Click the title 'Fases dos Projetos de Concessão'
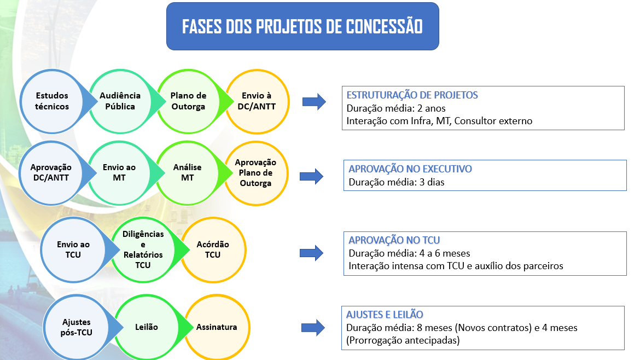302,27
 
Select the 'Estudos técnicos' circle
52,101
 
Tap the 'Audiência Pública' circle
120,101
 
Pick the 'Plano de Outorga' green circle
189,101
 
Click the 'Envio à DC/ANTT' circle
257,101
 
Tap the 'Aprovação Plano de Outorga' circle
255,172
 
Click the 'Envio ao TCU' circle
73,249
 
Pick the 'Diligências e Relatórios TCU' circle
143,249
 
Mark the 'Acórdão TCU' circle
213,249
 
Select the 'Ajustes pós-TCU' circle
77,327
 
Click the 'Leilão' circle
146,327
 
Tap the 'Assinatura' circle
217,327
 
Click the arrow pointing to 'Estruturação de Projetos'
314,102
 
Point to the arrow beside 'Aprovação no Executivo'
312,176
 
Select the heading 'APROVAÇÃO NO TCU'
394,240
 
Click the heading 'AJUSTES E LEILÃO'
385,315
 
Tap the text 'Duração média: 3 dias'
397,182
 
